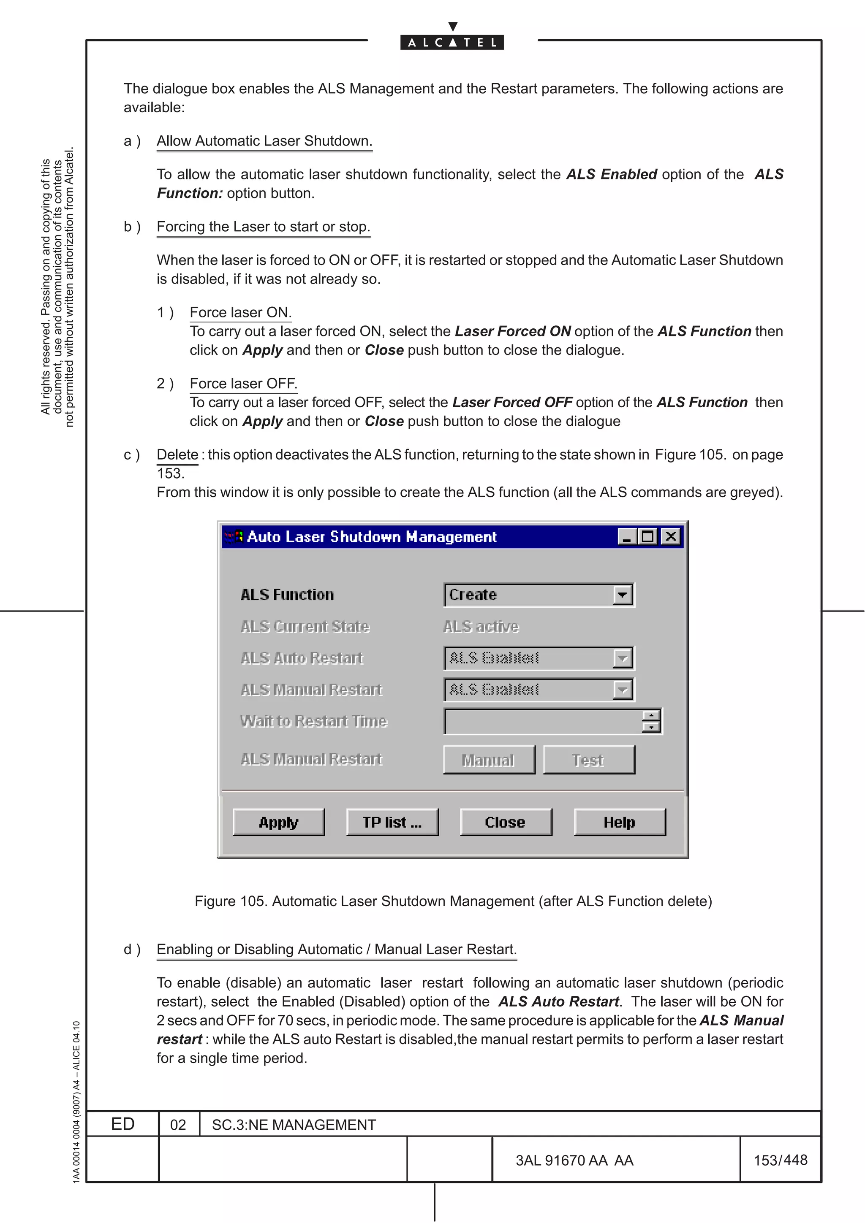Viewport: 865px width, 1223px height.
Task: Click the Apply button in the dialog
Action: (278, 822)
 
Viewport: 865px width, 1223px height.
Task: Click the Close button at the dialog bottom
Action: (505, 822)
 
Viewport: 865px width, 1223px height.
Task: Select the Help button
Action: (619, 822)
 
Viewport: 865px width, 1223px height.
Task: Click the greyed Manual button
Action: (488, 760)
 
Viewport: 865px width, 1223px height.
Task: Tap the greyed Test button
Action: (588, 760)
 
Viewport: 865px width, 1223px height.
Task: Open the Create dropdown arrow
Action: (622, 595)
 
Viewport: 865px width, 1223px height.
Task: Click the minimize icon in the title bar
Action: (627, 536)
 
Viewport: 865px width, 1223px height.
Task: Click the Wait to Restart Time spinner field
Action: (543, 721)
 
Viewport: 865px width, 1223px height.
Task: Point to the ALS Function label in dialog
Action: (287, 595)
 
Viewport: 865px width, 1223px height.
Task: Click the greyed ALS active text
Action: (481, 626)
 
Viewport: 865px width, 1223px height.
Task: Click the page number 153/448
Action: (780, 1160)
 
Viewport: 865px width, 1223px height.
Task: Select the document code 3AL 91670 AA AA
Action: (574, 1160)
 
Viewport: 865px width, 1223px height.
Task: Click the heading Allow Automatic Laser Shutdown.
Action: (264, 141)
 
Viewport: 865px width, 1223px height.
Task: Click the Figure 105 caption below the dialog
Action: (453, 901)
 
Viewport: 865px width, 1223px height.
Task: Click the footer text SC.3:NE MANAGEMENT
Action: (294, 1124)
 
